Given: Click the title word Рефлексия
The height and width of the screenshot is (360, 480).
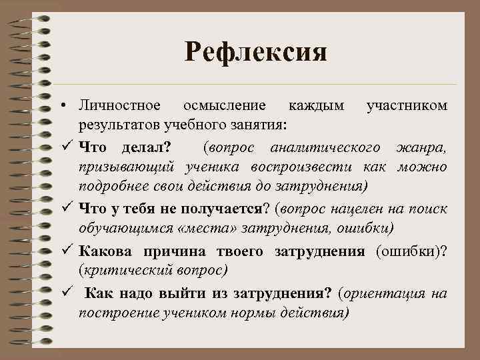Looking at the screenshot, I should pyautogui.click(x=256, y=51).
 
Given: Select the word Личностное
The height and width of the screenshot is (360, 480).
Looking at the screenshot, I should pyautogui.click(x=119, y=107).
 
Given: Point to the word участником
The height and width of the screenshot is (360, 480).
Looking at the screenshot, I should pyautogui.click(x=407, y=107).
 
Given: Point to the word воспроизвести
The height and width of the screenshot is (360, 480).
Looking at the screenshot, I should pyautogui.click(x=307, y=165).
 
